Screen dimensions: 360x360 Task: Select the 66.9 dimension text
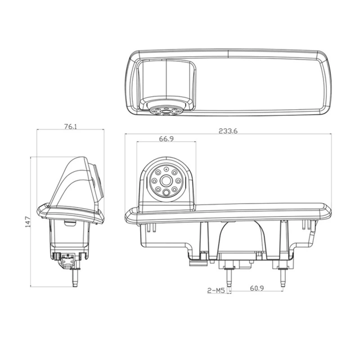[165, 138]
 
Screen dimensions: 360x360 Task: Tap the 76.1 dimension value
[70, 127]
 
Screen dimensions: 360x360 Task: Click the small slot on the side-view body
[70, 223]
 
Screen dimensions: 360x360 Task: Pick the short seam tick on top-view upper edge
[228, 53]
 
